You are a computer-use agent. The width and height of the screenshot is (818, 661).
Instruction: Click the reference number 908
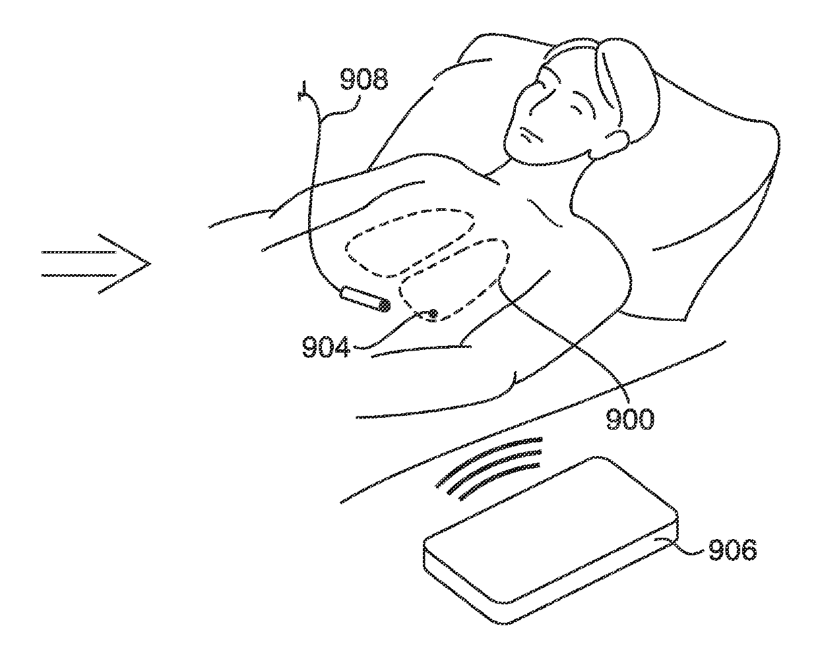[x=363, y=79]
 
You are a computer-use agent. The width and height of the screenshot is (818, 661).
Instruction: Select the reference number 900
[x=629, y=418]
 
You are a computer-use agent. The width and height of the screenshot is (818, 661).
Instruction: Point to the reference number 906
[x=732, y=550]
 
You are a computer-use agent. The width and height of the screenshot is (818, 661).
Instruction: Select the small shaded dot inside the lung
[x=433, y=314]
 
